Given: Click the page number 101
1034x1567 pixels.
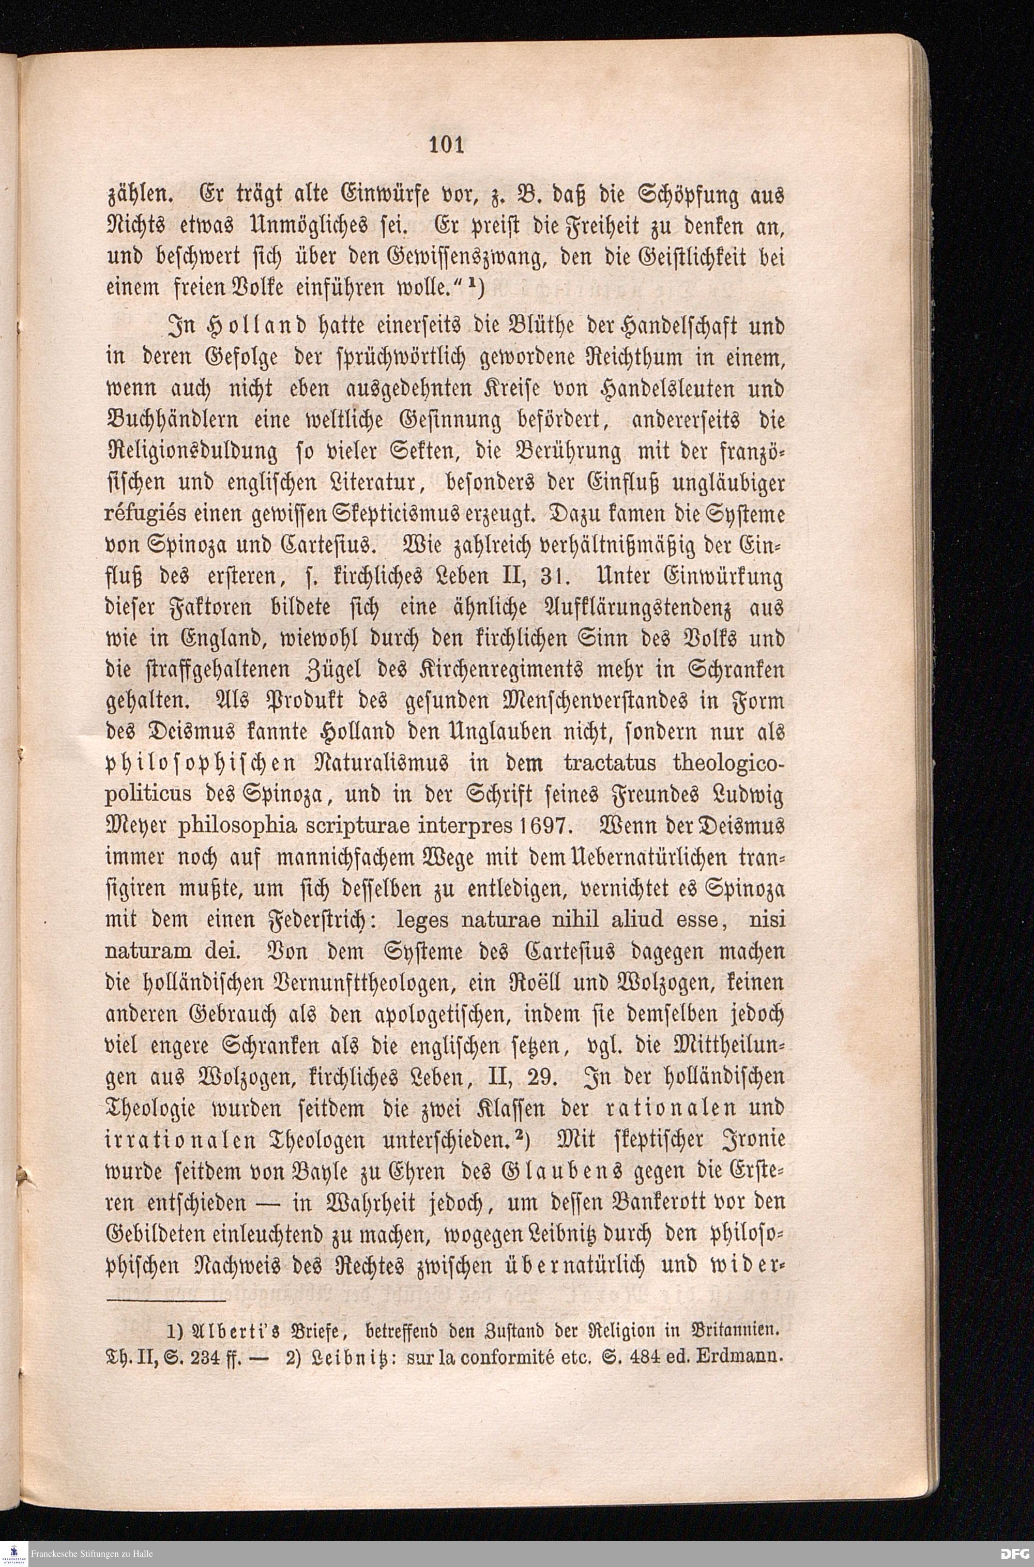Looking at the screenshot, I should [447, 144].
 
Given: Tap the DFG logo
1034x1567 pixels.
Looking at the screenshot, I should [1016, 1553].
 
